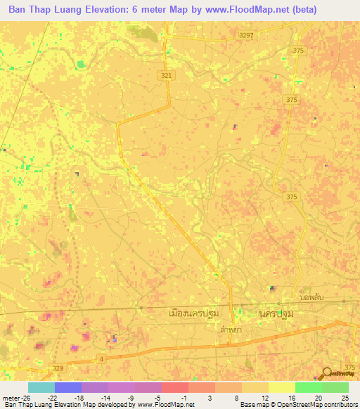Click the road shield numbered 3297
(x=246, y=34)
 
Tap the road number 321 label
(x=165, y=75)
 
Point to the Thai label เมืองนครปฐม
(x=195, y=313)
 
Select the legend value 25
(x=345, y=397)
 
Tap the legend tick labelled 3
(x=210, y=397)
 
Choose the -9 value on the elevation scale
(x=129, y=397)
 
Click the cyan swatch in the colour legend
(x=41, y=387)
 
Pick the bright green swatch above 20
(x=309, y=387)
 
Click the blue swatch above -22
(x=68, y=387)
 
